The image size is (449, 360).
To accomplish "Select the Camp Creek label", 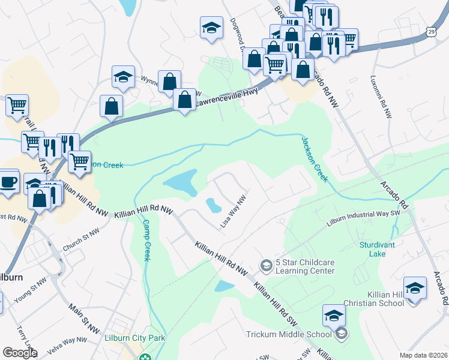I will coord(146,240).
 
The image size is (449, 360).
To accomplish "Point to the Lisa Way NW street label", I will coord(234,211).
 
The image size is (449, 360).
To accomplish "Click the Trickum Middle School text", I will coord(289,334).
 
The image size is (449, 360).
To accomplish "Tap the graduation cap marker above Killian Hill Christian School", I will coord(415,288).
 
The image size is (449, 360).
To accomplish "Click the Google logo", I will coord(20,353).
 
